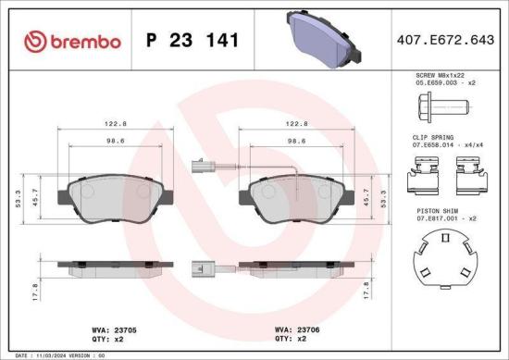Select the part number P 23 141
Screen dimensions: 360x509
tap(193, 42)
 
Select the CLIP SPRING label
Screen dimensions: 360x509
tap(435, 136)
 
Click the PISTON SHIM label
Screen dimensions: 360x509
tap(435, 210)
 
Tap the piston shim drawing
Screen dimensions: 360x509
tap(444, 260)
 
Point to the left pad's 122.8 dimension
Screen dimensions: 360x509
tap(115, 122)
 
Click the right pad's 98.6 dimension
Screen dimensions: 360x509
tap(297, 143)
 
